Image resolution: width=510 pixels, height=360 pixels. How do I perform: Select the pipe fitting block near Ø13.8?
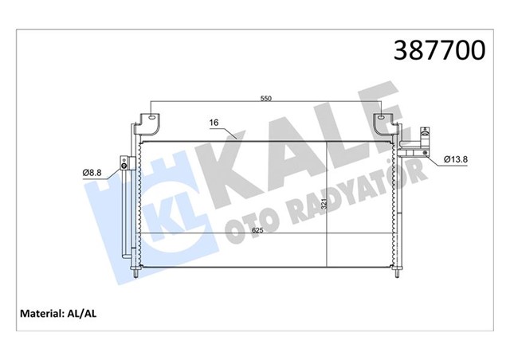click(416, 147)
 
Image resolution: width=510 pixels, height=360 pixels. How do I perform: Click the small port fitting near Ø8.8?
click(125, 166)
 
